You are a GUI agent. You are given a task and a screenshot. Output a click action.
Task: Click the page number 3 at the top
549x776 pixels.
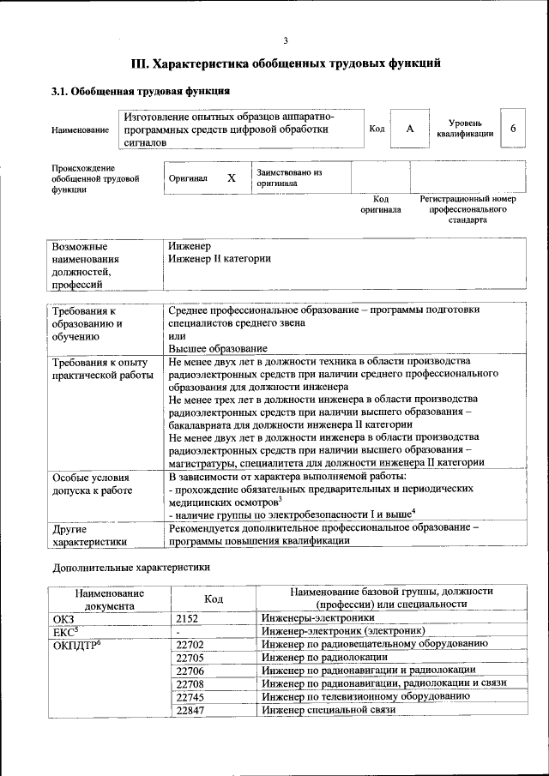286,40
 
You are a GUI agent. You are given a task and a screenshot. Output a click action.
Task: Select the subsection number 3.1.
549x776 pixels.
62,91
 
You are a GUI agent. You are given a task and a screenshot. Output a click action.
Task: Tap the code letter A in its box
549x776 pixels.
410,129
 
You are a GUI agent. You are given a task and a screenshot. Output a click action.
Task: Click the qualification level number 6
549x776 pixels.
513,129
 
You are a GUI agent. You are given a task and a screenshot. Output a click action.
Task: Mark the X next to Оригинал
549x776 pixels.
231,177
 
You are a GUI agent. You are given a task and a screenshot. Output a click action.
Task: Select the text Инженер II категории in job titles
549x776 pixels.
220,258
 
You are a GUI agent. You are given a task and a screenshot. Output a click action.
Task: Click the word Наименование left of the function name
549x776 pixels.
80,129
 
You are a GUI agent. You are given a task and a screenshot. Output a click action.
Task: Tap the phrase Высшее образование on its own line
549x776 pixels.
218,348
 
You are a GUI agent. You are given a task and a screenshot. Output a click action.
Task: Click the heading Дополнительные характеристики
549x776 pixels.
131,567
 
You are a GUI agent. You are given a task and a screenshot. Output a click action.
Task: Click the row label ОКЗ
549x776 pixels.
64,617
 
